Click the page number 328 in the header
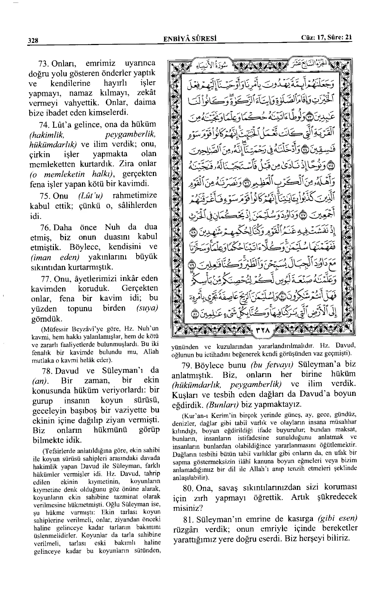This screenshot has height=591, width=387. pyautogui.click(x=33, y=40)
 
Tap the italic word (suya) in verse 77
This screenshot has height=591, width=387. pyautogui.click(x=147, y=308)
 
